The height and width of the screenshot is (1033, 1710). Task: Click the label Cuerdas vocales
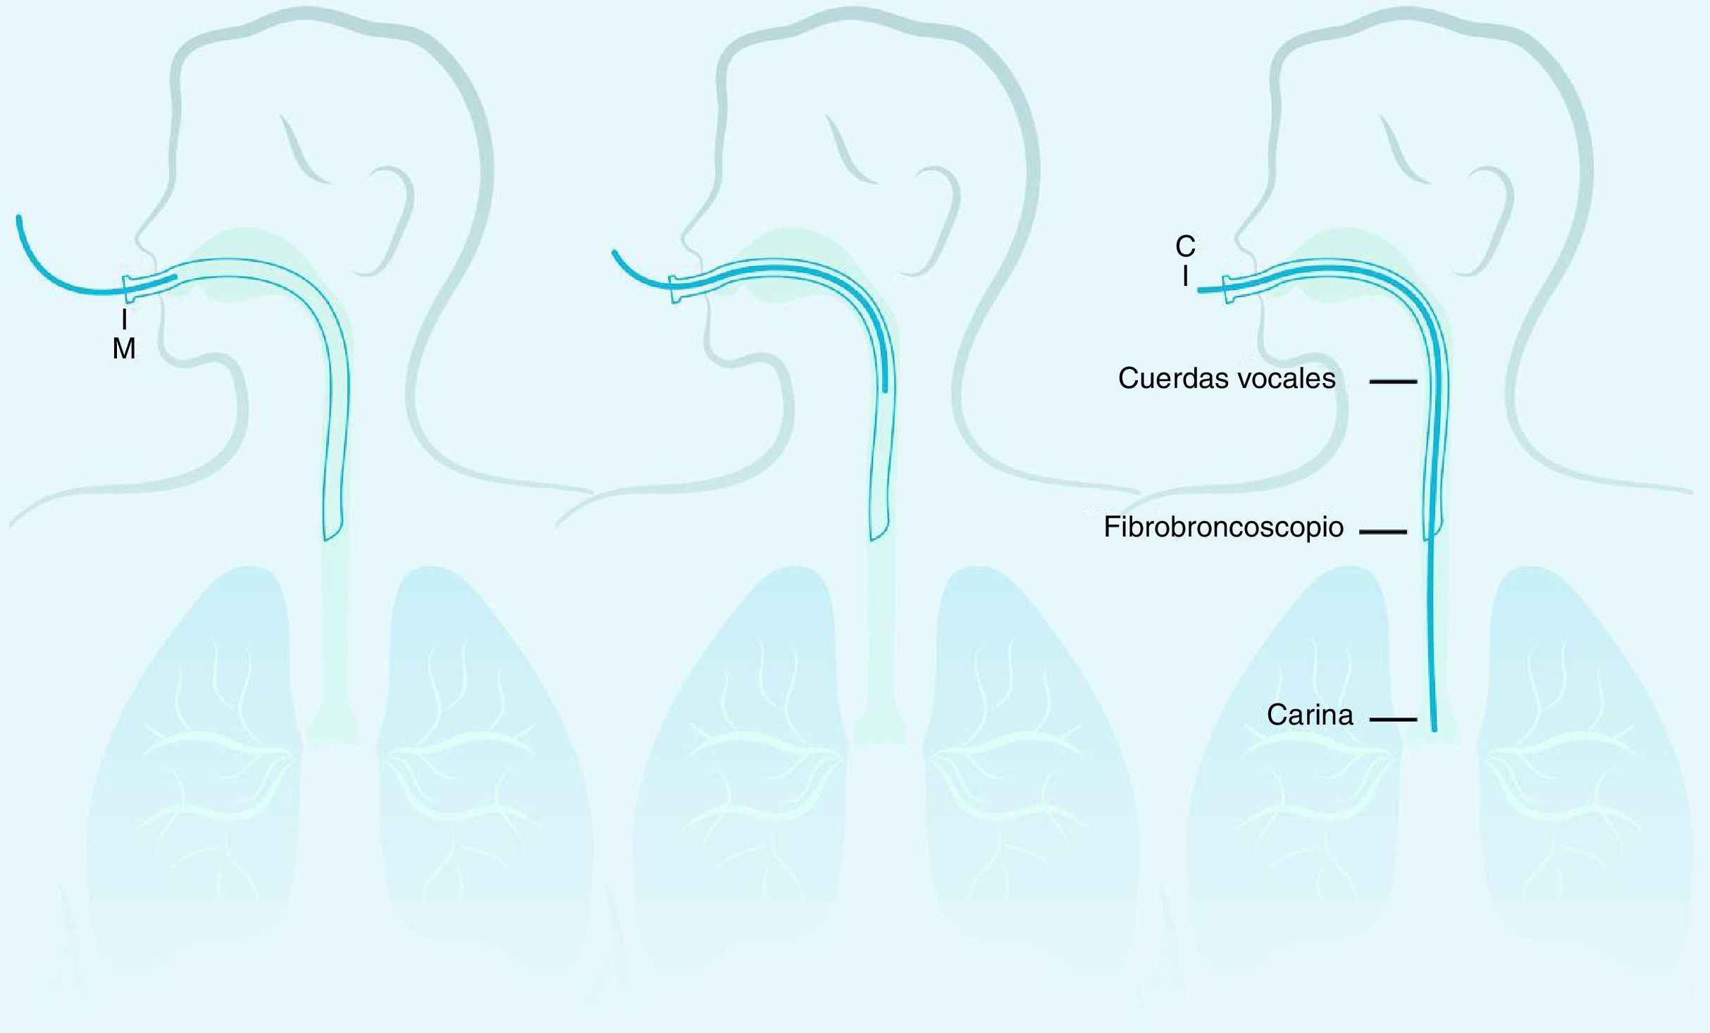[1226, 379]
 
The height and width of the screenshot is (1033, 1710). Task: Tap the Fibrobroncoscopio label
[1223, 527]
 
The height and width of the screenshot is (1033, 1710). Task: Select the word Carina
[1310, 715]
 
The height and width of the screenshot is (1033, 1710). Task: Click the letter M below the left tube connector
[124, 349]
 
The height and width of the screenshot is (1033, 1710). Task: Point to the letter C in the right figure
[1185, 246]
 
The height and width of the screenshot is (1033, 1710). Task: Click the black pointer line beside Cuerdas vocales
[1392, 382]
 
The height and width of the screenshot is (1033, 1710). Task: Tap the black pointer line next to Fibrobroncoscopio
[1382, 532]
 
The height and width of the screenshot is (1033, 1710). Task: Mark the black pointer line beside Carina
[1393, 720]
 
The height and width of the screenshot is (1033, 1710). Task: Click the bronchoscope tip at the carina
[1434, 728]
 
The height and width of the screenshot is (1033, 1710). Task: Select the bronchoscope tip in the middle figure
[885, 387]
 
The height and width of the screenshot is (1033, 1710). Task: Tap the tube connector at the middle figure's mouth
[676, 289]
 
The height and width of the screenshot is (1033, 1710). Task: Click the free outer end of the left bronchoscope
[19, 218]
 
